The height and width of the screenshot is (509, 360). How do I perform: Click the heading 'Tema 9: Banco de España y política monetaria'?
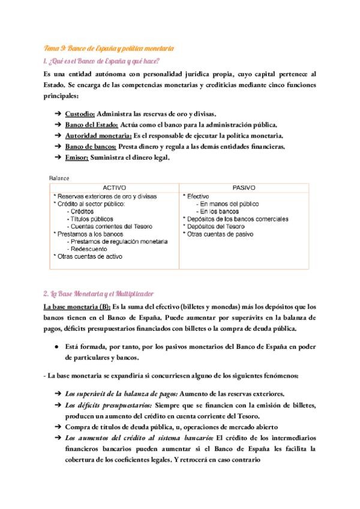(109, 47)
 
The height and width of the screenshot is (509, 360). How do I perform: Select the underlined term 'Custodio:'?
(79, 113)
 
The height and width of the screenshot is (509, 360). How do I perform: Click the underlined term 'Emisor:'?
(77, 158)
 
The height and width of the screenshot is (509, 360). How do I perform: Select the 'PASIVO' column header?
(244, 187)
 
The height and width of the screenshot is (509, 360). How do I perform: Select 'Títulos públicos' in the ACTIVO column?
(92, 219)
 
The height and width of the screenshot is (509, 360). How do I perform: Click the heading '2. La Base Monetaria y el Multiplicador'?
(99, 294)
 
